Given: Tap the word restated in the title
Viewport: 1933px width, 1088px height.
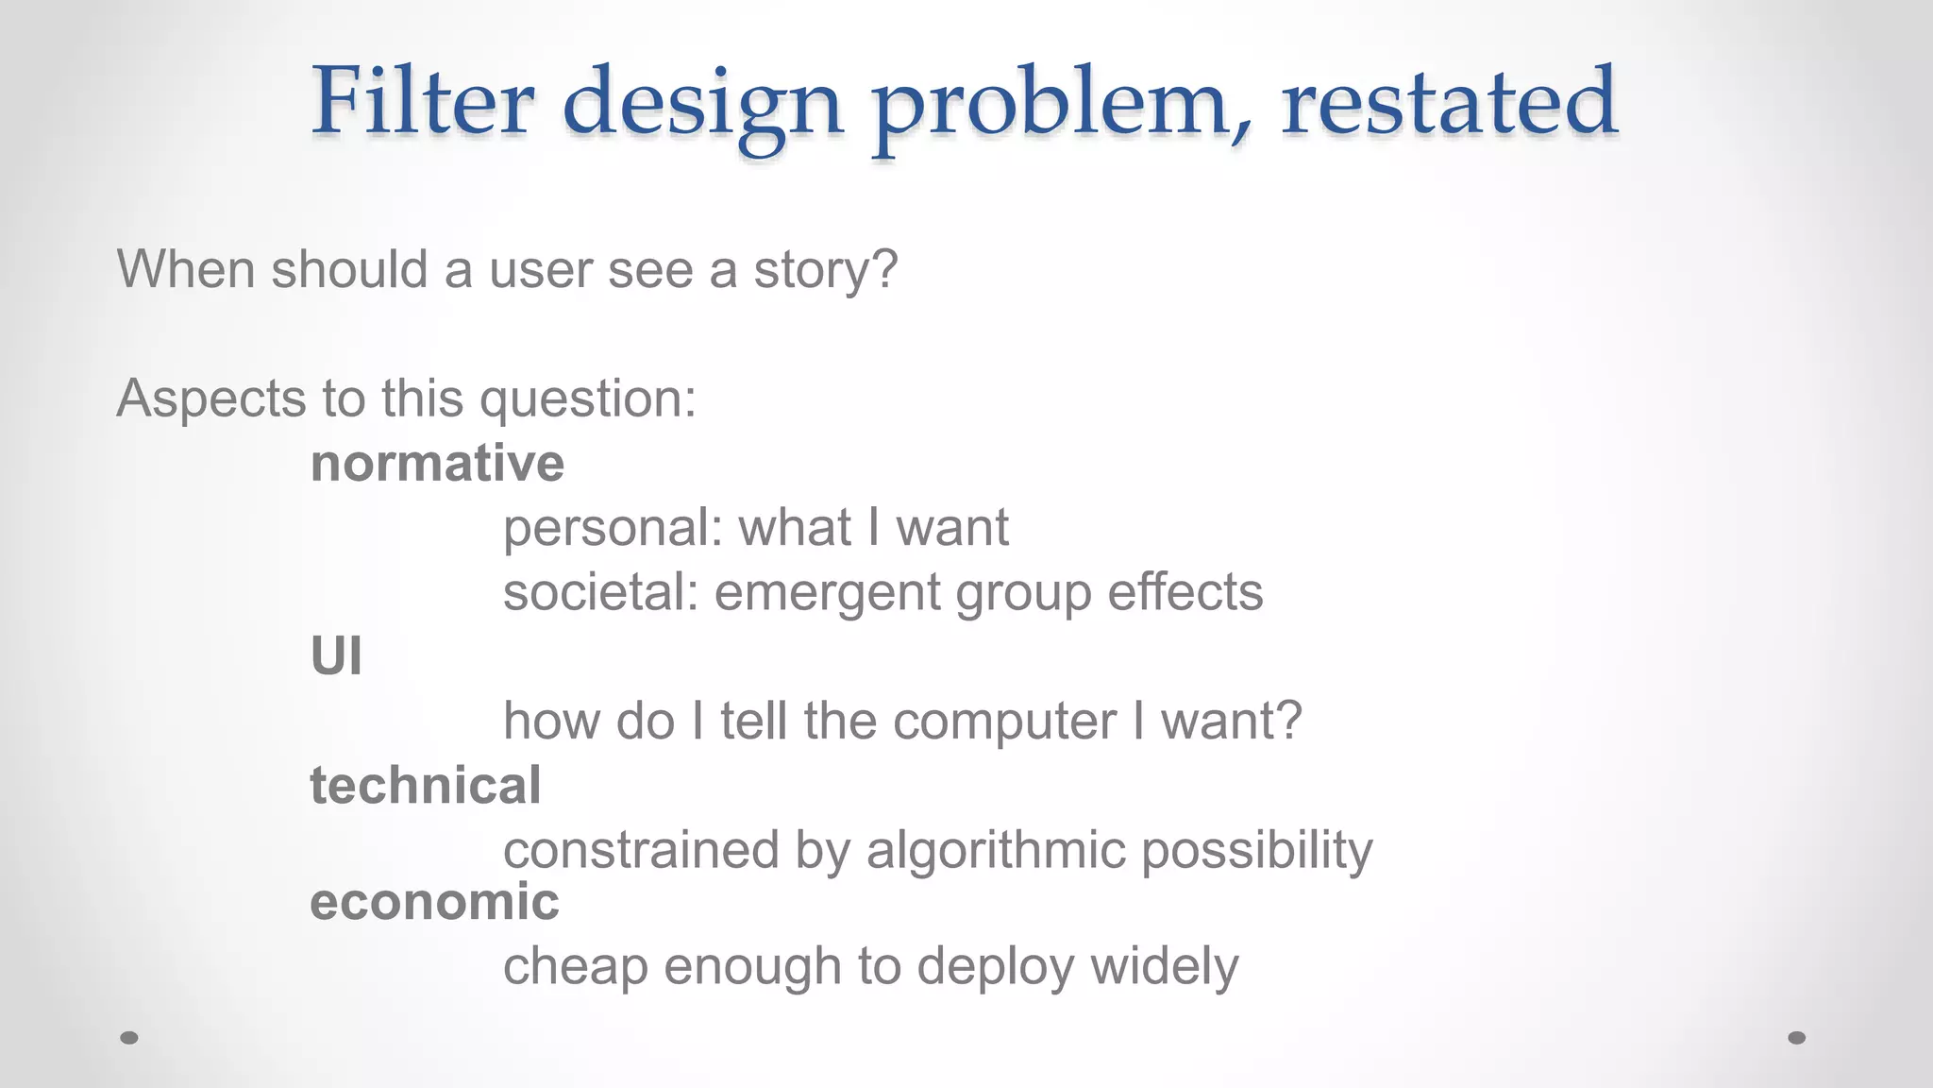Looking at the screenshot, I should point(1449,100).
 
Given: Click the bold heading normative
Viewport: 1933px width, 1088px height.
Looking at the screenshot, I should point(437,463).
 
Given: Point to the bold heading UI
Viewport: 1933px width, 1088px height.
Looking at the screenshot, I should point(336,656).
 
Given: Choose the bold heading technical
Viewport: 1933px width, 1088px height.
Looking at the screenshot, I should point(426,786).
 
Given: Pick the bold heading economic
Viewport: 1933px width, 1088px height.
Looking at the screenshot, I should point(434,901).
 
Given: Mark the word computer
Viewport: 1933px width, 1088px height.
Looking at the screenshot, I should point(1004,722).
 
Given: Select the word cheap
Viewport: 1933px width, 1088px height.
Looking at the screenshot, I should point(575,967).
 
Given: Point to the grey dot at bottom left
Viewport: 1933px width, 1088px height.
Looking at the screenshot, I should point(129,1037).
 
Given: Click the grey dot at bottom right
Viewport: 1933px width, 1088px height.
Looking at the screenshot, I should point(1797,1037).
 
